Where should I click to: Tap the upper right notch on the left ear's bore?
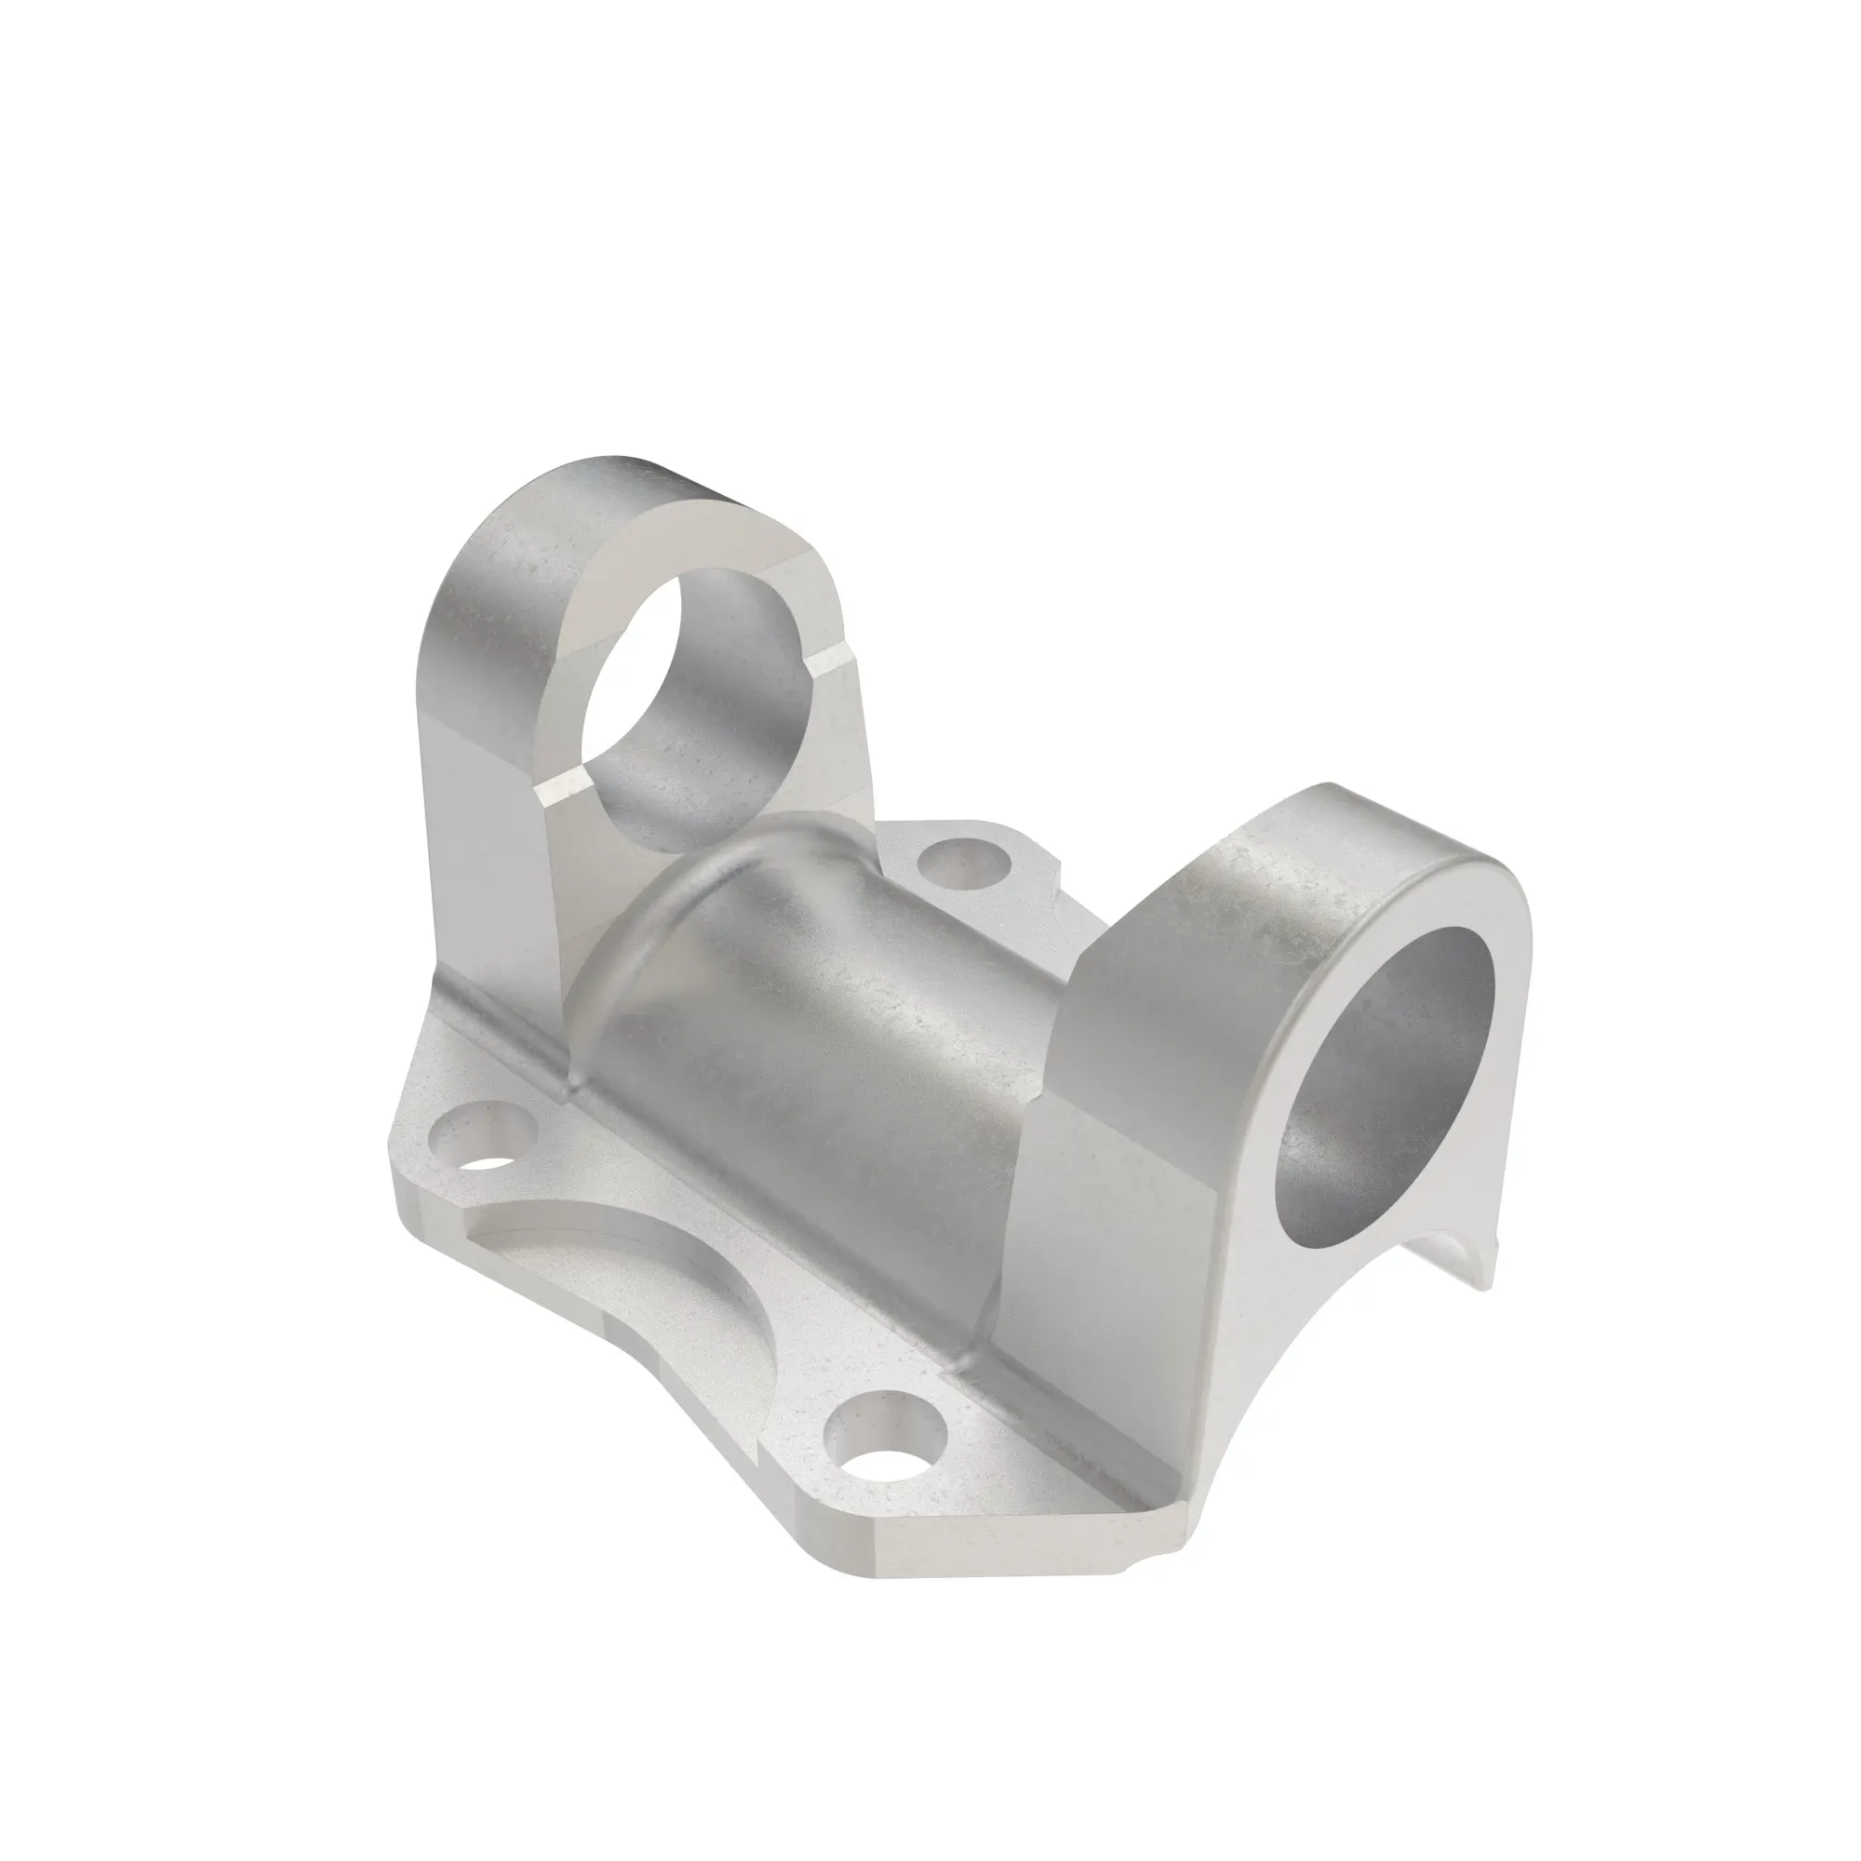pyautogui.click(x=830, y=663)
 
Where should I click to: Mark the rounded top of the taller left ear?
pyautogui.click(x=578, y=491)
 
